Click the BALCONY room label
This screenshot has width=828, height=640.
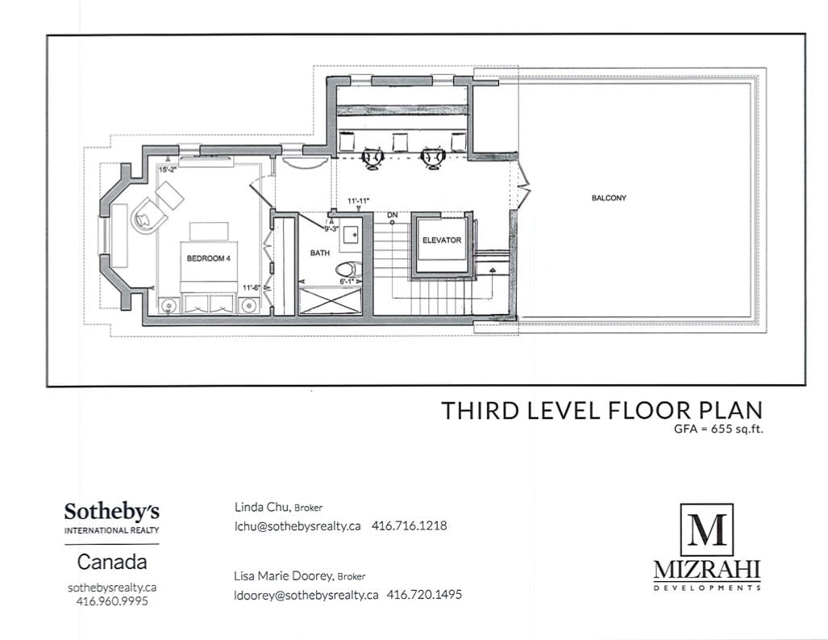[609, 198]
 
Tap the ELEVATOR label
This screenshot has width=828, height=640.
[442, 240]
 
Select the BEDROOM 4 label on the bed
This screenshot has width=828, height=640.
[209, 258]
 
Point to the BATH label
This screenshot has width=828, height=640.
[320, 253]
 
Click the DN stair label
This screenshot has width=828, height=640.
[393, 215]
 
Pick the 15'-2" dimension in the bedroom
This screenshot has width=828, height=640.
[168, 169]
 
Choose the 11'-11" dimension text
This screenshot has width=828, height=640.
[358, 201]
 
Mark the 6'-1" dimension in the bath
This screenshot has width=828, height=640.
[346, 282]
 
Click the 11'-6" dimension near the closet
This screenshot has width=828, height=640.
[252, 288]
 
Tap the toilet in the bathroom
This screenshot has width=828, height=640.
[350, 270]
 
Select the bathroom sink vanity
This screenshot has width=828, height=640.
[350, 233]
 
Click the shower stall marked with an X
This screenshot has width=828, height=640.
[330, 301]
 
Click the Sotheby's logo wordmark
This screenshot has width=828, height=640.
[111, 512]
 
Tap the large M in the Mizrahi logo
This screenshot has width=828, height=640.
[707, 529]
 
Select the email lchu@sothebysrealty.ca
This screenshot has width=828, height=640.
[297, 526]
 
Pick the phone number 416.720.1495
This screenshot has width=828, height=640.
[424, 595]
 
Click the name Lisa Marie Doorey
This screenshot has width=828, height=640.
[283, 575]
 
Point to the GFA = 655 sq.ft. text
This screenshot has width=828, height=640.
[718, 429]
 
